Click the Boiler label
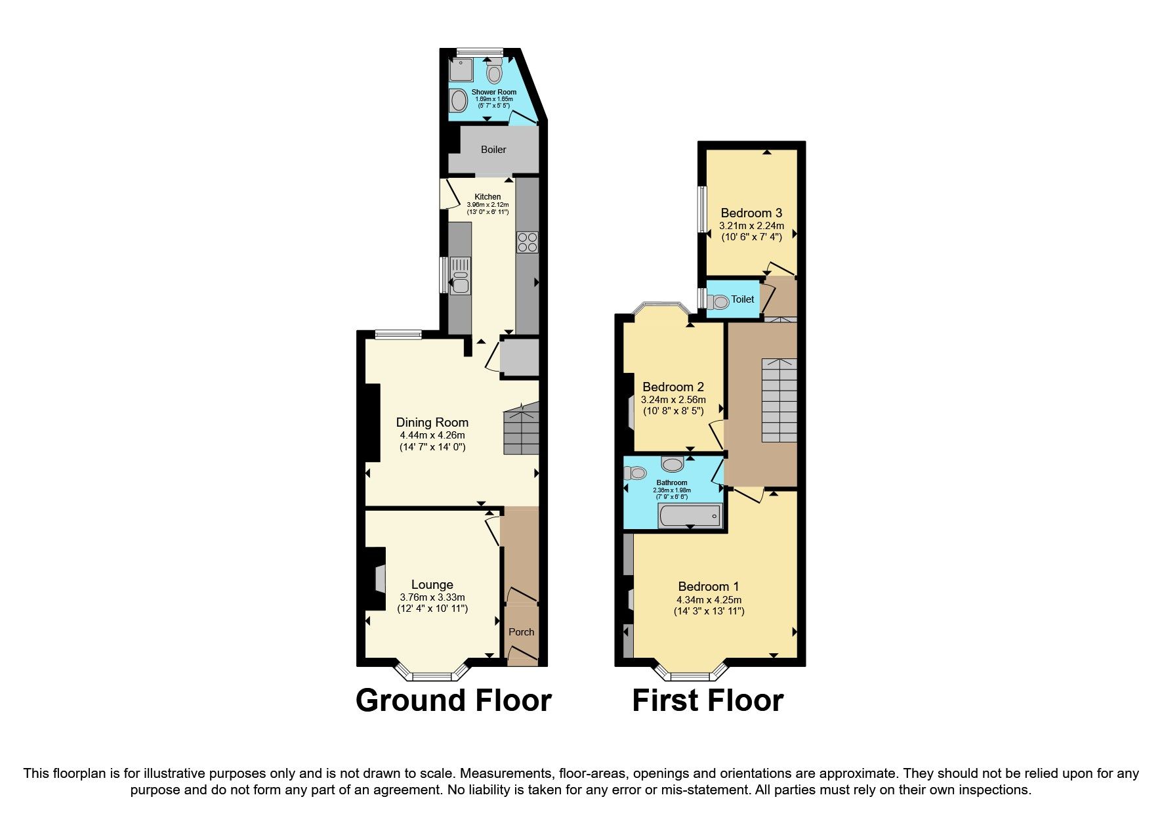point(493,150)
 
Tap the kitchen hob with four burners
point(528,243)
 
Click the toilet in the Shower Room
point(495,71)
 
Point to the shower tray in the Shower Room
point(461,70)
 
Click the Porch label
point(522,632)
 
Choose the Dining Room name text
point(432,422)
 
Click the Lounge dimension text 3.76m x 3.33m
point(432,597)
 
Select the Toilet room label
point(743,299)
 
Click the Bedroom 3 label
point(751,213)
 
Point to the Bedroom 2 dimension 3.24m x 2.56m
point(673,400)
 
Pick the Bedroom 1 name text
point(709,586)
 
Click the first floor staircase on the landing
point(779,400)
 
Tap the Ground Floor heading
point(453,700)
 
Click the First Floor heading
point(707,700)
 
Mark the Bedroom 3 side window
point(701,209)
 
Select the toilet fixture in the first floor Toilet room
point(718,302)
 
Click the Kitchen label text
point(488,197)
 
